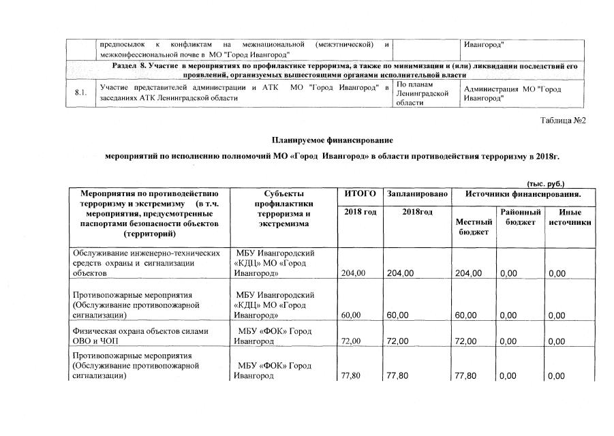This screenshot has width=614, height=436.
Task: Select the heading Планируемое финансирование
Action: pos(332,140)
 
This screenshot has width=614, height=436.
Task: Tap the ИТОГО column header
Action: pos(360,194)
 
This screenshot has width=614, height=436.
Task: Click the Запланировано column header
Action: pos(417,194)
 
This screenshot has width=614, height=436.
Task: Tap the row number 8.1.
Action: pos(81,93)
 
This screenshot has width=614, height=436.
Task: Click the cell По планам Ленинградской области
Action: pos(422,93)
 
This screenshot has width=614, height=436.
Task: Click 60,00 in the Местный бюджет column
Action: pos(468,315)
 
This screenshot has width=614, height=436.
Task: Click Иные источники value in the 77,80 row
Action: pos(557,375)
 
